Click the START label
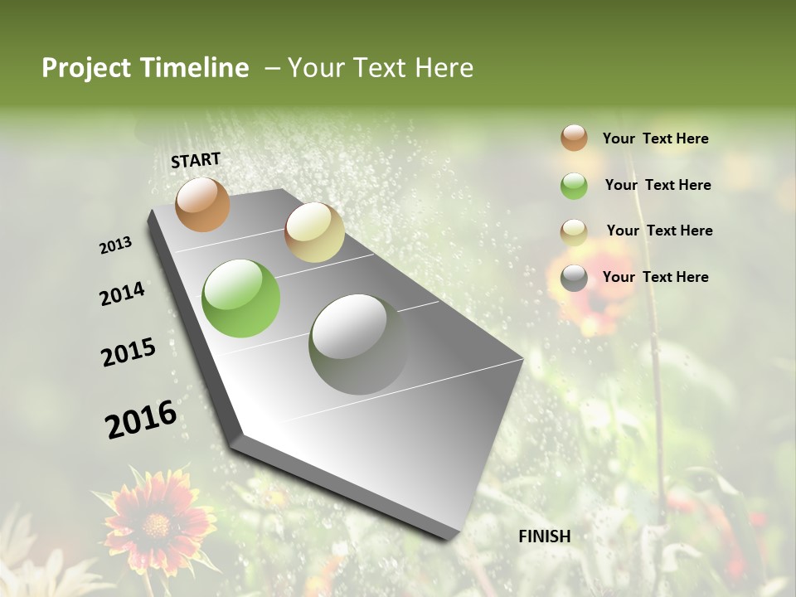coord(196,159)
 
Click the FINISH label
coord(544,536)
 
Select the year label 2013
coord(116,245)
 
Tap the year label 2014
coord(122,294)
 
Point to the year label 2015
coord(129,352)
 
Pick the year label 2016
coord(141,420)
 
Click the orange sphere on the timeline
coord(202,204)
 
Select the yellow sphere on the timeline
coord(314,232)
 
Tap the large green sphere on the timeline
coord(241,298)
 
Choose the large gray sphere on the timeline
coord(359,344)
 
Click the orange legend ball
coord(574,138)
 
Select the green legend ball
coord(574,186)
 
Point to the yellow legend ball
coord(574,232)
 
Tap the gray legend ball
coord(574,278)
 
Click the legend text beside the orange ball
coord(655,138)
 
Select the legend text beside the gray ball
coord(655,277)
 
